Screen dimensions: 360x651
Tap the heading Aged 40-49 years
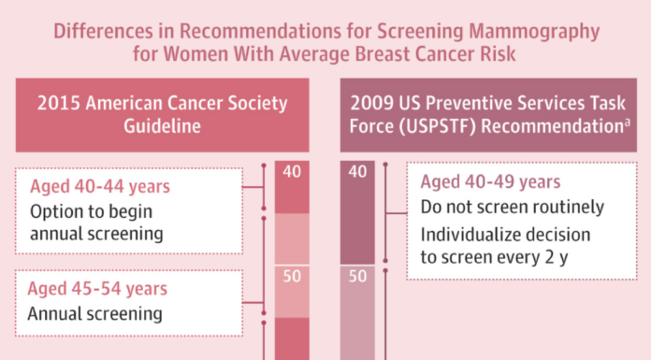pos(490,182)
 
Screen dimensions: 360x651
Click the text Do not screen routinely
pos(512,208)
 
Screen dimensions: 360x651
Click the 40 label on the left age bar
pos(293,172)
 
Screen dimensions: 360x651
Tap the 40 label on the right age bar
pos(357,172)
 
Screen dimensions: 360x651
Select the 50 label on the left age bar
pos(293,276)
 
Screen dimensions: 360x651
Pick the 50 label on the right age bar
pos(357,276)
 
